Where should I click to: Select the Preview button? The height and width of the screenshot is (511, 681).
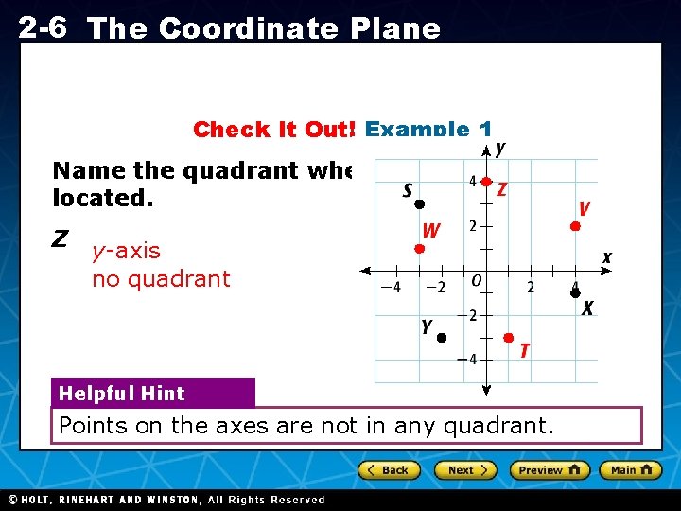coord(550,470)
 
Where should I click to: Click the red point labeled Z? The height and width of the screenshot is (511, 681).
coord(485,181)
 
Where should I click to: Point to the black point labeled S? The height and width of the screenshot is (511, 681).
coord(420,203)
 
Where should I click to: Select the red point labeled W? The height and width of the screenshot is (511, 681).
coord(419,249)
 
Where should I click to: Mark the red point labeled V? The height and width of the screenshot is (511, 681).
coord(574,226)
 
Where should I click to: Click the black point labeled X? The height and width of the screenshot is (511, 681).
coord(574,293)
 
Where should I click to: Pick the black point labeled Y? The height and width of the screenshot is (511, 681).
coord(441,338)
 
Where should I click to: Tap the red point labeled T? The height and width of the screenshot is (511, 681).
coord(508,338)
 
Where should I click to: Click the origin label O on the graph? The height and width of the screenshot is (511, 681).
coord(477,281)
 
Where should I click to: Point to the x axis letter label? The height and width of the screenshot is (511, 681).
coord(606,257)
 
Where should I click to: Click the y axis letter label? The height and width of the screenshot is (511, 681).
coord(499,149)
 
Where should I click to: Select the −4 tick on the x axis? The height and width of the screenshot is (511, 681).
coord(391,287)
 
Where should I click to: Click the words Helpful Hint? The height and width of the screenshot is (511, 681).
coord(122,394)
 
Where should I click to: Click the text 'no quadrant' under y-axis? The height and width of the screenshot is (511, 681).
coord(161,279)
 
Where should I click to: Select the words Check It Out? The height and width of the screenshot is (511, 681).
coord(274,130)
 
